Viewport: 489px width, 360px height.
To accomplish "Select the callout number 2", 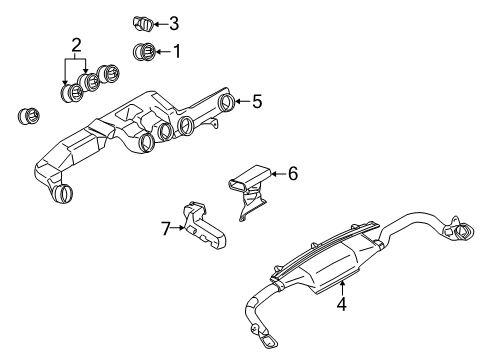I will click(74, 44).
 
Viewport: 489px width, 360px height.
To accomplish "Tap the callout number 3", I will click(175, 22).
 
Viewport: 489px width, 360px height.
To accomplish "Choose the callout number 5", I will click(257, 101).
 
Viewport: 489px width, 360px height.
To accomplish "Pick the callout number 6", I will click(292, 173).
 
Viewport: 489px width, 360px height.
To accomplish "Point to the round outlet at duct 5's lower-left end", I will click(64, 195).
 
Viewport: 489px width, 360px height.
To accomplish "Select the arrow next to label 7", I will click(180, 228).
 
